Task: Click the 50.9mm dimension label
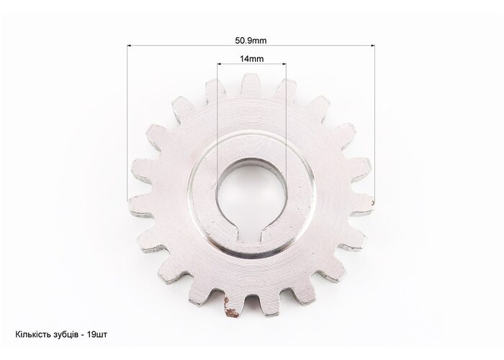click(x=251, y=40)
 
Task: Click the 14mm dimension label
click(x=252, y=59)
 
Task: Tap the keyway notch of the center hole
click(x=252, y=234)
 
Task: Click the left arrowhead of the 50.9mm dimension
click(x=130, y=45)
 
